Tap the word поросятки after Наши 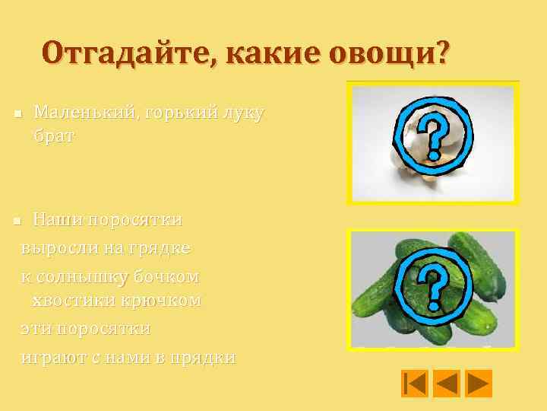[135, 221]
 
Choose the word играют [52, 356]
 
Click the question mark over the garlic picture [431, 138]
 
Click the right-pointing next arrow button [479, 383]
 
